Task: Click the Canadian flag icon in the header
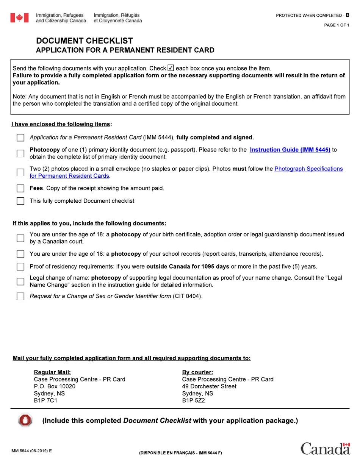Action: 19,18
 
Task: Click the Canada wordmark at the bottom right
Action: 325,449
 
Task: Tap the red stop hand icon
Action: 25,421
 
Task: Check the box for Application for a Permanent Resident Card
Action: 20,138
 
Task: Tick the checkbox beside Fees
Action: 20,188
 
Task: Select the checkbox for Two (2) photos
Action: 20,172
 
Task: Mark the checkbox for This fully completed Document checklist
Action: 20,201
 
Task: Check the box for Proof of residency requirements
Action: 20,267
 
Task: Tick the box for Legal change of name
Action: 20,281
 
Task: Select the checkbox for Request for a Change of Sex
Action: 20,296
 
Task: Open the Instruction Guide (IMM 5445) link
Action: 290,150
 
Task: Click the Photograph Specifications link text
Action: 308,169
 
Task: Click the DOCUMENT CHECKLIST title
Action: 85,41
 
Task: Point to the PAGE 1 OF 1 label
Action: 337,25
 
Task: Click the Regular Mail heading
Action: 52,372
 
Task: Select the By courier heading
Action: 197,372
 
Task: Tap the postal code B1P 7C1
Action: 45,400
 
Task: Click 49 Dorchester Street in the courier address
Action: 209,386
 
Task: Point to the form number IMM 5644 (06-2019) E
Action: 31,451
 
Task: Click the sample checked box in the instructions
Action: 171,68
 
